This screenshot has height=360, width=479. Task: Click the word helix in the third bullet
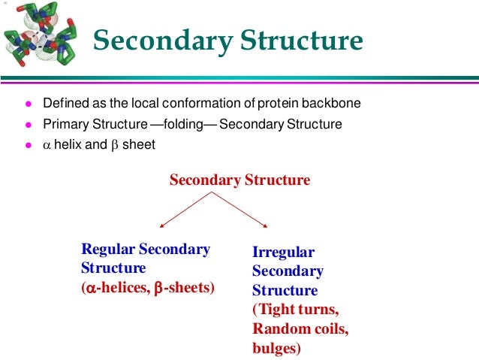(68, 145)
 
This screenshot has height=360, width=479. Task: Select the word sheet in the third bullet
(139, 145)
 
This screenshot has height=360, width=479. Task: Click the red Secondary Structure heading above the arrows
(239, 180)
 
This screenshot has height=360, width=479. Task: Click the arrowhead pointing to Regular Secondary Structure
(159, 226)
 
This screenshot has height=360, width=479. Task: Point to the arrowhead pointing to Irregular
(267, 224)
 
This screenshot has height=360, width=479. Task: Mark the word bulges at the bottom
(276, 349)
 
